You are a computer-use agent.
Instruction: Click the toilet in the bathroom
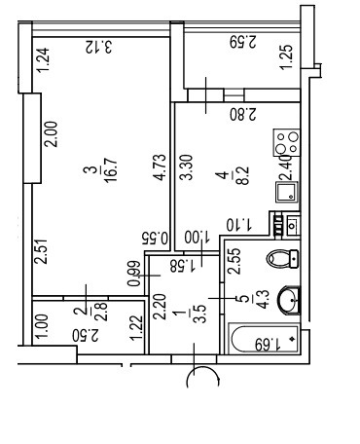point(282,259)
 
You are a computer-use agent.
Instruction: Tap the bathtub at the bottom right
point(264,339)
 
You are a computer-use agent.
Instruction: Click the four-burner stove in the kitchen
point(287,142)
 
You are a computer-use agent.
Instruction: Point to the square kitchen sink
point(287,192)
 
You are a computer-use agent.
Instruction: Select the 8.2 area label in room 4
point(243,175)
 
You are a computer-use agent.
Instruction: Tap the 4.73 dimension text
point(160,166)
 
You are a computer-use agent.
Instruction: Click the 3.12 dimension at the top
point(98,47)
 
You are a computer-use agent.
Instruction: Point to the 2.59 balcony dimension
point(243,42)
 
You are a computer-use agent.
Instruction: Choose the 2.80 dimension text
point(243,114)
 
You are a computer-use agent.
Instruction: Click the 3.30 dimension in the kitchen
point(187,166)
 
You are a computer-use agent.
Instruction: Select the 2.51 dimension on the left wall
point(42,251)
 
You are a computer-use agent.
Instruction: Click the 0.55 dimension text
point(155,238)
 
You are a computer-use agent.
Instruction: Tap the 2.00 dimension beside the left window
point(52,134)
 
